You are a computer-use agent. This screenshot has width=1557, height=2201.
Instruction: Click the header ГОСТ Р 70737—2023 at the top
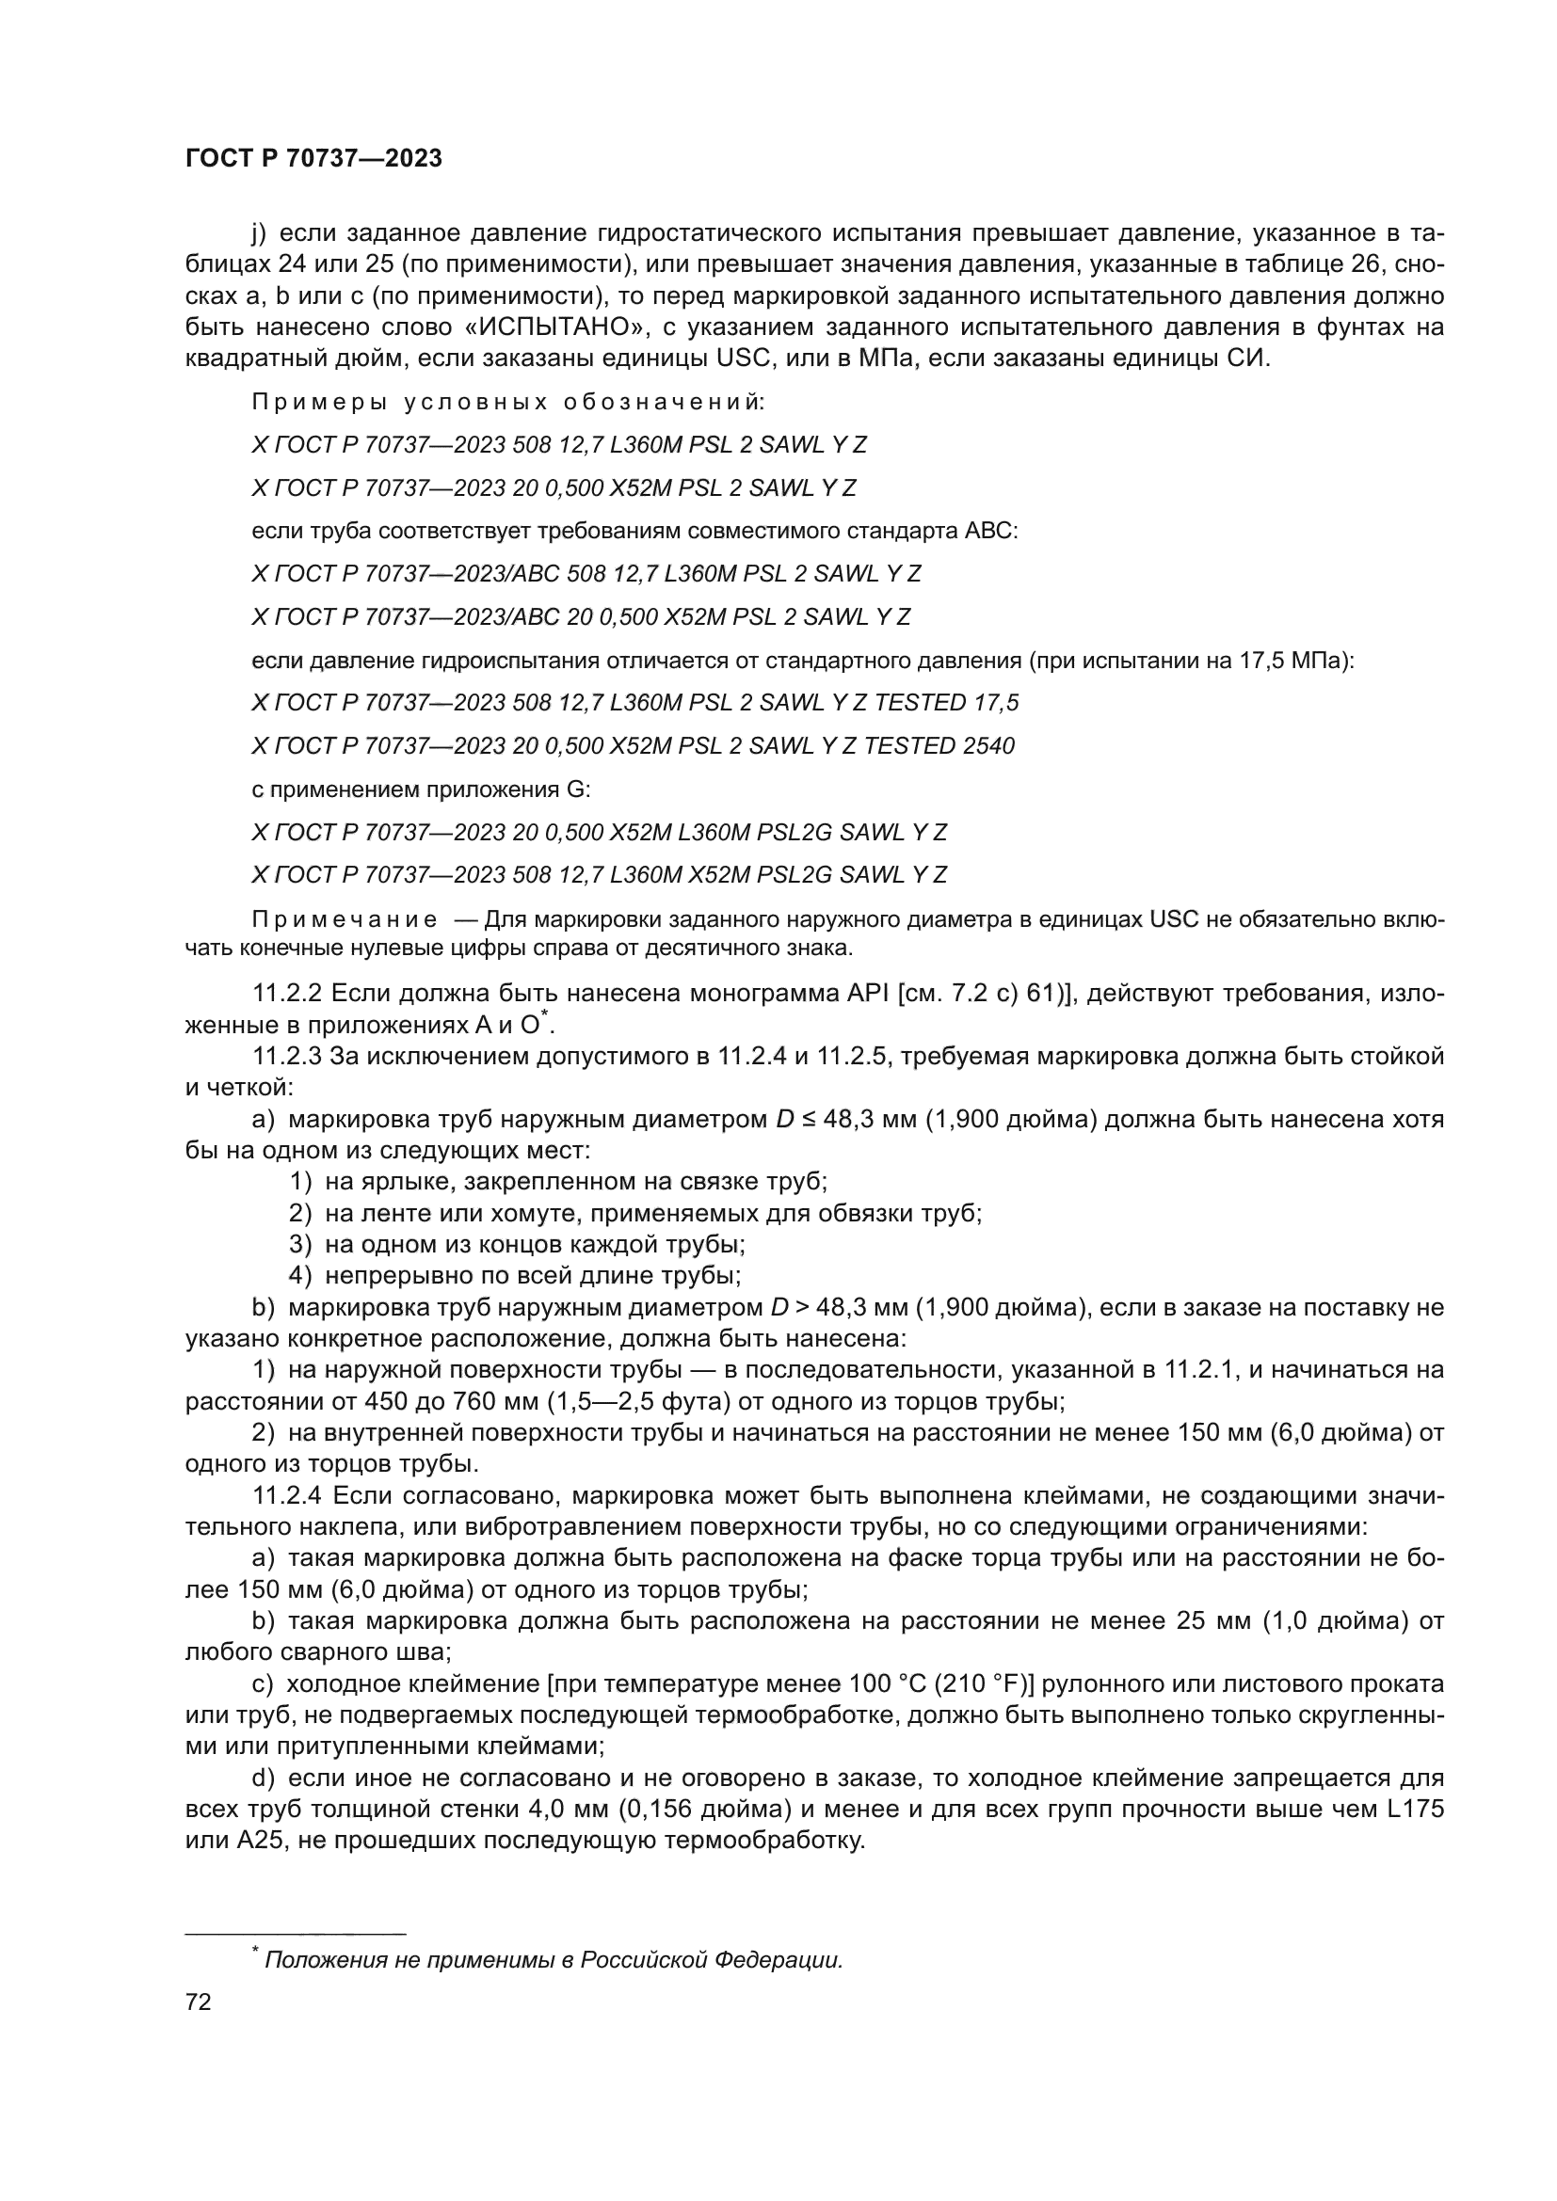tap(313, 159)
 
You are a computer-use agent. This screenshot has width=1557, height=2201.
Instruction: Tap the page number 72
tap(199, 2002)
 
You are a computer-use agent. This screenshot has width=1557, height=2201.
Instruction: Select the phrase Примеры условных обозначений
tap(508, 403)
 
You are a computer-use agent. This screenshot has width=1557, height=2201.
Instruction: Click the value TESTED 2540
tap(939, 746)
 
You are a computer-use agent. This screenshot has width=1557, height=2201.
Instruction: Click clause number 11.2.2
tap(288, 993)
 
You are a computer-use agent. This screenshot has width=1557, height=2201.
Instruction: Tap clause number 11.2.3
tap(288, 1057)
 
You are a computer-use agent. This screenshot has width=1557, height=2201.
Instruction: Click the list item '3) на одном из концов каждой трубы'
tap(518, 1244)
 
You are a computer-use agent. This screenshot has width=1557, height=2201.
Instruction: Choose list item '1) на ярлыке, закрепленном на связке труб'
tap(558, 1181)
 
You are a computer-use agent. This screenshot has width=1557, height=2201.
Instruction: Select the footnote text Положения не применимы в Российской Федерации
tap(554, 1959)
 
